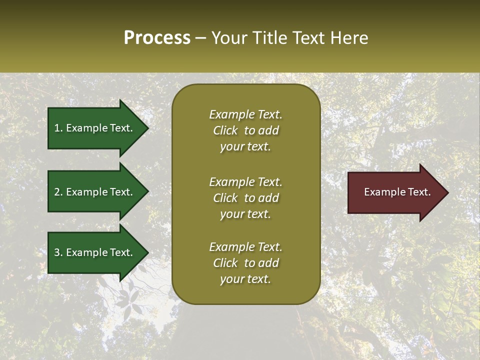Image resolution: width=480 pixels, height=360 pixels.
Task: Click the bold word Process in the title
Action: click(157, 38)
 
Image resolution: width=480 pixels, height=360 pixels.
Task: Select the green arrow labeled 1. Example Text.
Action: click(95, 128)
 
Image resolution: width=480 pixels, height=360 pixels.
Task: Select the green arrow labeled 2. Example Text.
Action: click(95, 192)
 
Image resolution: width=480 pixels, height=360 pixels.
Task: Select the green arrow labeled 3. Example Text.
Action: click(95, 252)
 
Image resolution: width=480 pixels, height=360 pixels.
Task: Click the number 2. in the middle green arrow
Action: click(58, 192)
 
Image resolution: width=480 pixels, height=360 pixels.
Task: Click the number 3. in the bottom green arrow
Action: click(58, 252)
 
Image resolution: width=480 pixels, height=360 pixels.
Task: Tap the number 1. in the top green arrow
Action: click(58, 128)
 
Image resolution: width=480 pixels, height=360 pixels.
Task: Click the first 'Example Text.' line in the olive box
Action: click(245, 114)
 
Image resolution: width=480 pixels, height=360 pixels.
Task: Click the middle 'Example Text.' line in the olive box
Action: click(245, 182)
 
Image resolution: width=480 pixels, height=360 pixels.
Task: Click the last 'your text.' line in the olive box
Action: click(245, 279)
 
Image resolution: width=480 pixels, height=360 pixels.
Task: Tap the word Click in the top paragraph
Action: click(225, 130)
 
